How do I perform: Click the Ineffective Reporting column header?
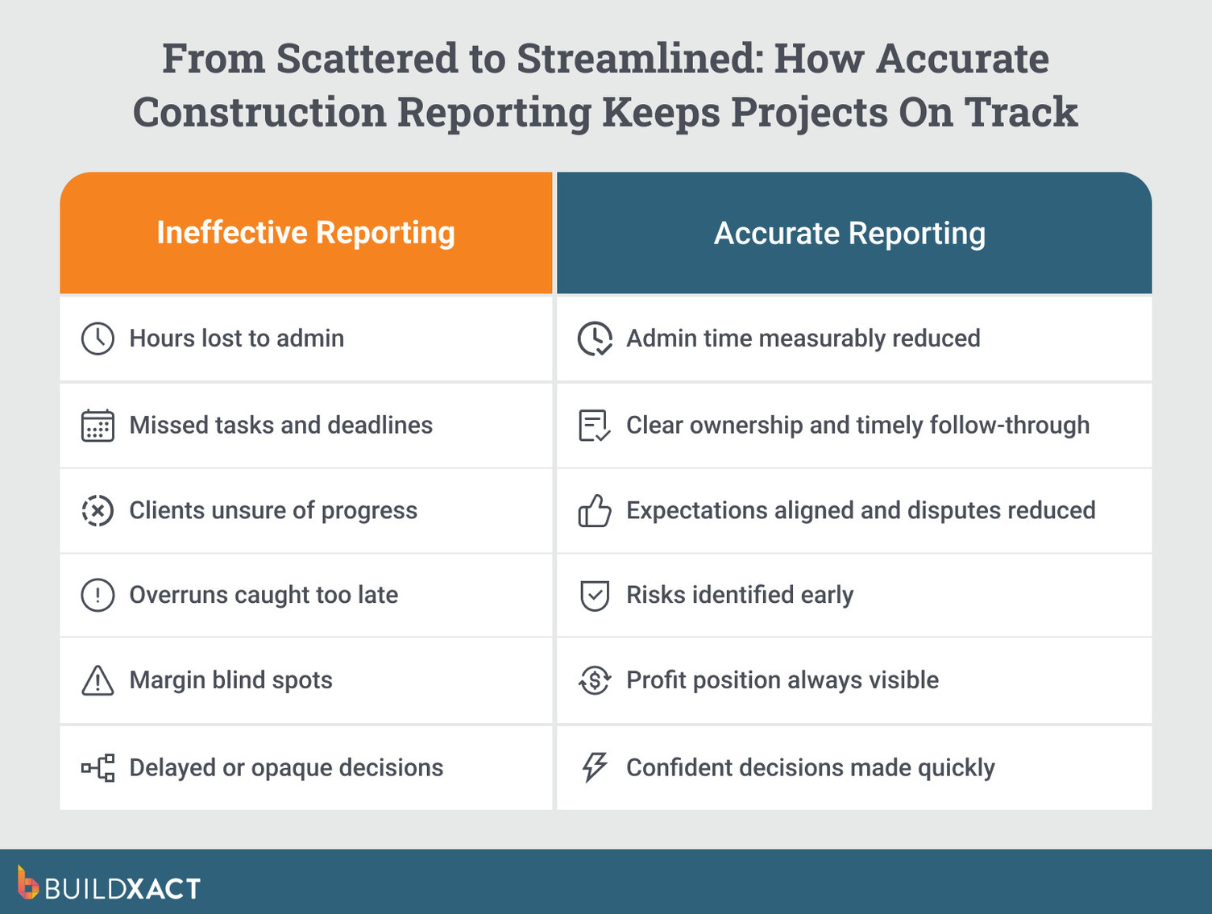pos(305,233)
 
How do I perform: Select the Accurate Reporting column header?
pos(849,234)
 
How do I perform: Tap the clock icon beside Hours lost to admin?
pos(98,339)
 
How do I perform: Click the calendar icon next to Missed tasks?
pos(98,426)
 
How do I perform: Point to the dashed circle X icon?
pos(98,511)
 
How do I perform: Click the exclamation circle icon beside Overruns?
pos(98,596)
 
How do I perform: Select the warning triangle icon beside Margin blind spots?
pos(98,681)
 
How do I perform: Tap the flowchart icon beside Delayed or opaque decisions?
pos(98,768)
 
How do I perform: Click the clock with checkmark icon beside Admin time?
pos(595,339)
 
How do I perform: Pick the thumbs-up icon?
pos(595,511)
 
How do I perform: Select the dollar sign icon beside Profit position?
pos(595,681)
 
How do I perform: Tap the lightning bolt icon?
pos(595,767)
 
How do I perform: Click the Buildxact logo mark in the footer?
pos(27,883)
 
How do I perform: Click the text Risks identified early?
pos(739,596)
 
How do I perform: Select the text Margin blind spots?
pos(230,680)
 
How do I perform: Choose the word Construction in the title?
pos(259,112)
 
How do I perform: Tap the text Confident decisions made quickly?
pos(810,768)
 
